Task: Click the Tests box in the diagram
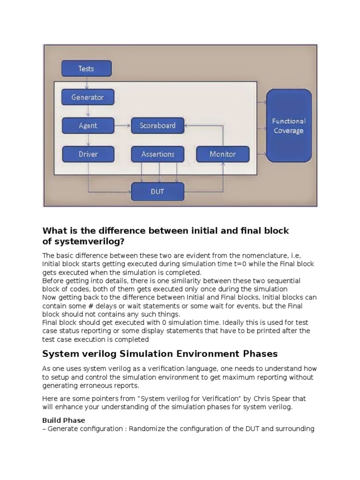tap(86, 68)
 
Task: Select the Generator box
tap(88, 97)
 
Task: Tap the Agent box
tap(88, 125)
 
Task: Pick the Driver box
tap(88, 154)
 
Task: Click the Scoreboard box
tap(157, 125)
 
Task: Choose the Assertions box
tap(157, 154)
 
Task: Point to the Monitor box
tap(223, 154)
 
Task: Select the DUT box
tap(157, 192)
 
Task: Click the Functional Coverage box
tap(289, 126)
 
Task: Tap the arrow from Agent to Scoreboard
tap(122, 125)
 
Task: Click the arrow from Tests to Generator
tap(86, 83)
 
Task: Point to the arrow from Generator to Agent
tap(88, 112)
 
